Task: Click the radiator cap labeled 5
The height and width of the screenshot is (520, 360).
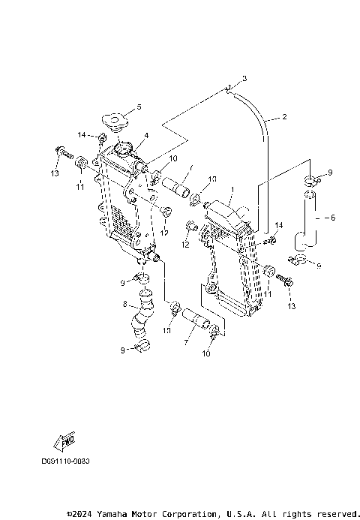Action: [115, 121]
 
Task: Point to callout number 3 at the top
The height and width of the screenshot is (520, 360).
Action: [244, 78]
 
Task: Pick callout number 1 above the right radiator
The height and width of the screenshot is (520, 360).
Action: [233, 190]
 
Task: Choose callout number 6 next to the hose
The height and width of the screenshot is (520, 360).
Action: [334, 217]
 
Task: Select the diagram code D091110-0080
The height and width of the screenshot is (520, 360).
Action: [65, 461]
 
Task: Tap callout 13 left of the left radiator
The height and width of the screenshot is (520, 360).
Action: [54, 174]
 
